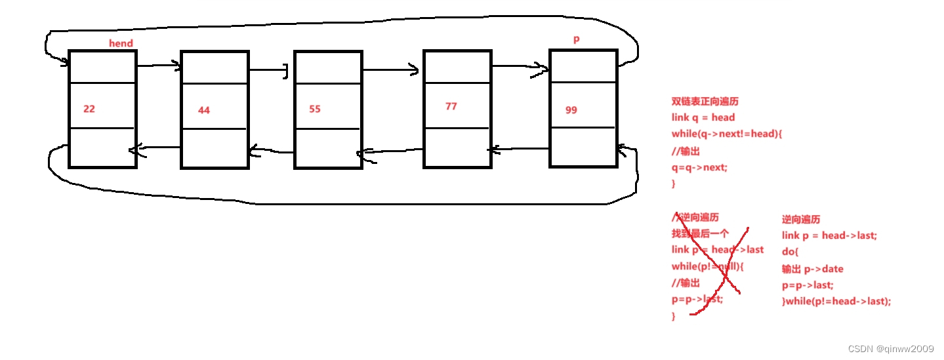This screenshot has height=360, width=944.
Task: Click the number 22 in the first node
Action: click(x=89, y=109)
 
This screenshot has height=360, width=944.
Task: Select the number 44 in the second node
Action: click(x=204, y=110)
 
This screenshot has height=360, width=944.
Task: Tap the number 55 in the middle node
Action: click(x=315, y=109)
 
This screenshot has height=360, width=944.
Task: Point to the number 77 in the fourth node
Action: click(x=451, y=106)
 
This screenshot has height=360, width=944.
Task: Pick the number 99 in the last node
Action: click(x=571, y=110)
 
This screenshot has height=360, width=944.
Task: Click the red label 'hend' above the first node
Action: click(x=121, y=43)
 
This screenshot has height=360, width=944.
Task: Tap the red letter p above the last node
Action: click(x=577, y=39)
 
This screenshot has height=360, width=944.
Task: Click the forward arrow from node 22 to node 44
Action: click(x=158, y=65)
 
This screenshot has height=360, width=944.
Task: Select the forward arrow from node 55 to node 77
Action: click(x=391, y=70)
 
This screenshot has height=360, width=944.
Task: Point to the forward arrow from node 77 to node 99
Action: click(x=520, y=66)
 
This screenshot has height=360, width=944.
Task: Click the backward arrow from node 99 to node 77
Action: click(x=518, y=150)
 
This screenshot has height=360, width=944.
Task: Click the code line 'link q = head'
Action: click(x=703, y=118)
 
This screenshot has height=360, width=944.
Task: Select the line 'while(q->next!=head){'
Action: click(x=727, y=134)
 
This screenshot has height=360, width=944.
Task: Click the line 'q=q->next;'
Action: click(x=699, y=167)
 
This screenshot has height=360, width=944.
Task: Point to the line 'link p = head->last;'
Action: click(x=829, y=236)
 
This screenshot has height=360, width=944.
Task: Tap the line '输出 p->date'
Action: click(x=813, y=269)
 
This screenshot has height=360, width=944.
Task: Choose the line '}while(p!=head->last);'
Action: click(x=836, y=302)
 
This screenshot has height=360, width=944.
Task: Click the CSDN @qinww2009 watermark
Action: click(x=890, y=348)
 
